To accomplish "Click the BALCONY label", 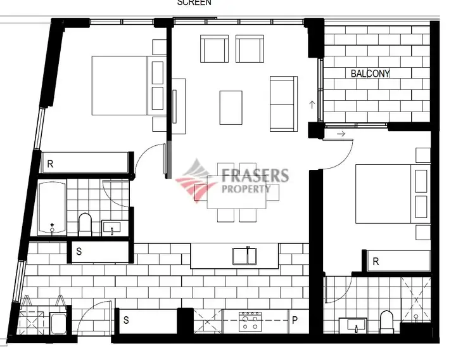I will pyautogui.click(x=370, y=74).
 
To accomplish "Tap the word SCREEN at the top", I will pyautogui.click(x=194, y=3).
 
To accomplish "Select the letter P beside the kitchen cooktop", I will pyautogui.click(x=295, y=321).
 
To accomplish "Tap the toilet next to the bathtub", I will pyautogui.click(x=85, y=223).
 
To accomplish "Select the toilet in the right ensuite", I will pyautogui.click(x=386, y=321).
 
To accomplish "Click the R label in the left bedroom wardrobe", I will pyautogui.click(x=50, y=164).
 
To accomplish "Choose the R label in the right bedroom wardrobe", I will pyautogui.click(x=376, y=261).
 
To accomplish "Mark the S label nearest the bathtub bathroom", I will pyautogui.click(x=79, y=252).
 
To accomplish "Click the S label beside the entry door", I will pyautogui.click(x=126, y=321).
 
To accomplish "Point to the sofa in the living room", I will pyautogui.click(x=282, y=103).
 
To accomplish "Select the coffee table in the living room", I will pyautogui.click(x=231, y=107).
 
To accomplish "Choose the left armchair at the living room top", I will pyautogui.click(x=213, y=48).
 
